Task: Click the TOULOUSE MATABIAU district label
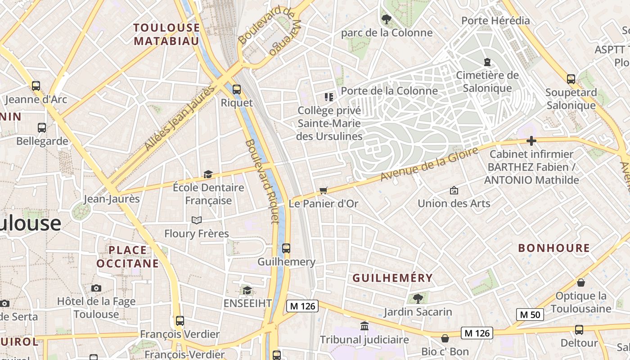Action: pyautogui.click(x=166, y=34)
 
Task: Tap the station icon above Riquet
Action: pyautogui.click(x=237, y=89)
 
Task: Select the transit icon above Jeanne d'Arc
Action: pyautogui.click(x=36, y=85)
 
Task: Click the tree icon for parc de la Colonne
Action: pyautogui.click(x=386, y=19)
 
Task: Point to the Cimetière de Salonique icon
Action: pyautogui.click(x=487, y=62)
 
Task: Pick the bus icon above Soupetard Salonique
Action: pyautogui.click(x=571, y=79)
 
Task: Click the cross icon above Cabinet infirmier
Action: pyautogui.click(x=531, y=141)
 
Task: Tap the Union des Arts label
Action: pyautogui.click(x=454, y=203)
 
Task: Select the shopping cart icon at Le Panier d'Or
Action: pyautogui.click(x=323, y=190)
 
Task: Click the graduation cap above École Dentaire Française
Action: pyautogui.click(x=208, y=174)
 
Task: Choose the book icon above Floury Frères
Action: pyautogui.click(x=197, y=220)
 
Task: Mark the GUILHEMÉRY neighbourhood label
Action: pyautogui.click(x=392, y=278)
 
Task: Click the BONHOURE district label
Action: pyautogui.click(x=554, y=248)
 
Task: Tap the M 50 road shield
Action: pyautogui.click(x=530, y=315)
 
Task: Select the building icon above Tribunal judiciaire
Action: pyautogui.click(x=364, y=326)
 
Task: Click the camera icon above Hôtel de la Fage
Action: pyautogui.click(x=96, y=288)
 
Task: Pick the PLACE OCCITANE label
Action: pyautogui.click(x=128, y=256)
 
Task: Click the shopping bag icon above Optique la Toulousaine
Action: pyautogui.click(x=581, y=283)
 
